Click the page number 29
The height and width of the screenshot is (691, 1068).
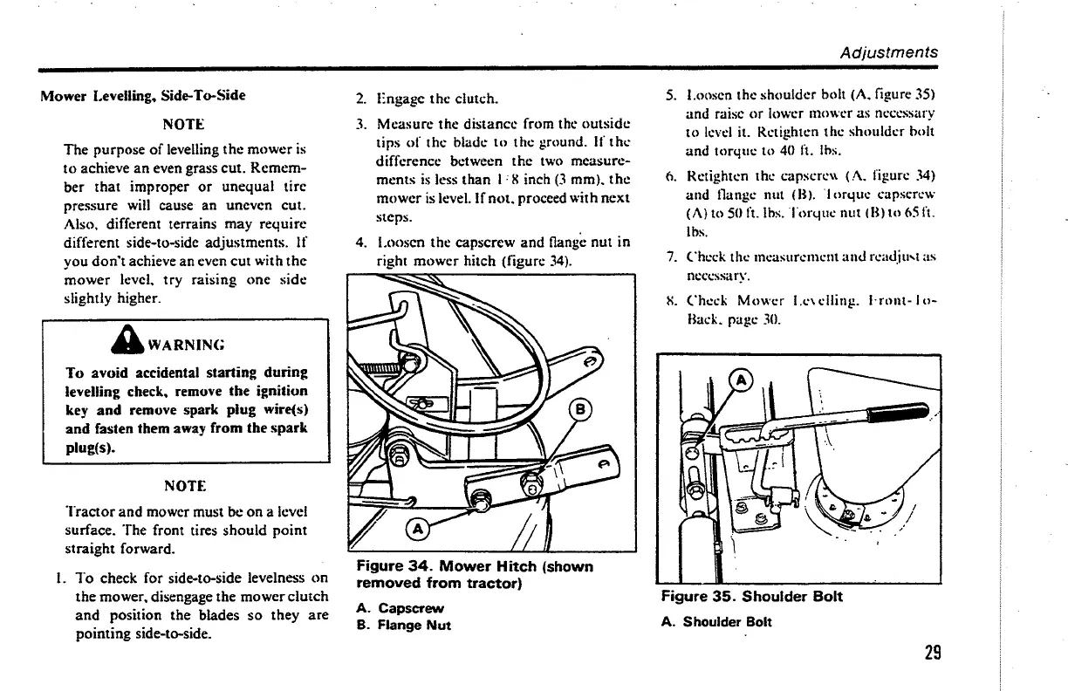(929, 653)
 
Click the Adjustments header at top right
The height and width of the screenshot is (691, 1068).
(889, 51)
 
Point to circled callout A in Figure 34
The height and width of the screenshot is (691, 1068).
(416, 528)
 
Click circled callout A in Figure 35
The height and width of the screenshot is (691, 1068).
(741, 380)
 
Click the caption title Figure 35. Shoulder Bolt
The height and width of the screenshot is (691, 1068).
(751, 597)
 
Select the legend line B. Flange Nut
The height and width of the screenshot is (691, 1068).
(404, 625)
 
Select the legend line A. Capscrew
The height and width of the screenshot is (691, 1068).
(400, 608)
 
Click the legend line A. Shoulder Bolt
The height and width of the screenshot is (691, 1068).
(716, 622)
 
